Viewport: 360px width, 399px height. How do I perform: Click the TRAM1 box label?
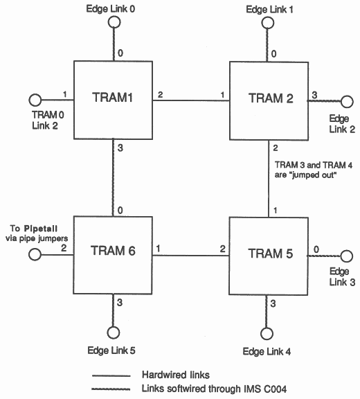pos(112,97)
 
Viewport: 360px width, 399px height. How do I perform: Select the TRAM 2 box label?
pos(271,98)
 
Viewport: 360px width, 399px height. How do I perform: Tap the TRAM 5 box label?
pos(271,254)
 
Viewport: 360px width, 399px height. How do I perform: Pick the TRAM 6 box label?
pos(113,250)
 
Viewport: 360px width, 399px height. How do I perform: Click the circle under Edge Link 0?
pos(114,22)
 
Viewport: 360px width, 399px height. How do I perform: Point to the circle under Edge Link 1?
pos(268,23)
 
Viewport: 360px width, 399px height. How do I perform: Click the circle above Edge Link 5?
pos(113,332)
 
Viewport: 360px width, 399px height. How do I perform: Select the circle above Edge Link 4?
pos(267,333)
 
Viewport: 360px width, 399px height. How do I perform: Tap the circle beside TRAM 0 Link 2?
pos(35,100)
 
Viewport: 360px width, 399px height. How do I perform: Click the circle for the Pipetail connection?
pos(35,254)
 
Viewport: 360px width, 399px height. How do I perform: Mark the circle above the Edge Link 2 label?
pos(347,102)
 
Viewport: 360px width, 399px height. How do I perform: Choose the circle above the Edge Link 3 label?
pos(346,256)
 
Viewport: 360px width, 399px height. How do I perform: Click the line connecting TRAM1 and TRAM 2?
pos(191,100)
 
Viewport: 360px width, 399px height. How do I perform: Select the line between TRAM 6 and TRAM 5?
pos(190,255)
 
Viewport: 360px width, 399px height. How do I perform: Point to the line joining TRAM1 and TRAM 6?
pos(113,177)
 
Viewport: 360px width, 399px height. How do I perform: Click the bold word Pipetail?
pos(41,229)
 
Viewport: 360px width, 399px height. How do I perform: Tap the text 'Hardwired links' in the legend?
pos(176,375)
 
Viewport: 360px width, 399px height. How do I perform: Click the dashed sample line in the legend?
pos(111,389)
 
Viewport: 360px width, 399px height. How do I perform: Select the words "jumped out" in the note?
pos(314,175)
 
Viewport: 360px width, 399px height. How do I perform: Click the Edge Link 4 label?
pos(267,351)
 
